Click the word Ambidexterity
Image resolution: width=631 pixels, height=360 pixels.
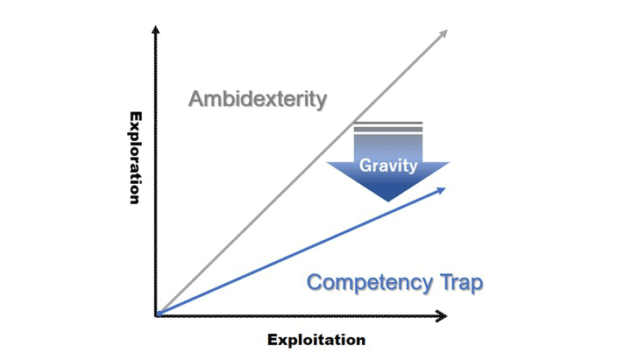tap(258, 98)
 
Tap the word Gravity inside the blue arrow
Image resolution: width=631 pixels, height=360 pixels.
tap(388, 166)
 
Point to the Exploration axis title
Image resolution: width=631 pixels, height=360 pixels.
tap(136, 158)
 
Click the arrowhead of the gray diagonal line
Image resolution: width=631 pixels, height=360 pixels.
tap(443, 33)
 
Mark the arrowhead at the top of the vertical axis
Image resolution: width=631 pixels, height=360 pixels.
tap(156, 31)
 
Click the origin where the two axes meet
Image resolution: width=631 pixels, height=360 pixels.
tap(156, 314)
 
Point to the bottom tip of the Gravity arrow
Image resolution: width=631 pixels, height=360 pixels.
tap(388, 200)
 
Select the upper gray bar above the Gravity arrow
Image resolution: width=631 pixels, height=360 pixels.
tap(388, 124)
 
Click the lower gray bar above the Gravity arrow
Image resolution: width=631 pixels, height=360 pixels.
tap(388, 130)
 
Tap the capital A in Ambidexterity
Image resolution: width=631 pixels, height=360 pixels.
tap(197, 98)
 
